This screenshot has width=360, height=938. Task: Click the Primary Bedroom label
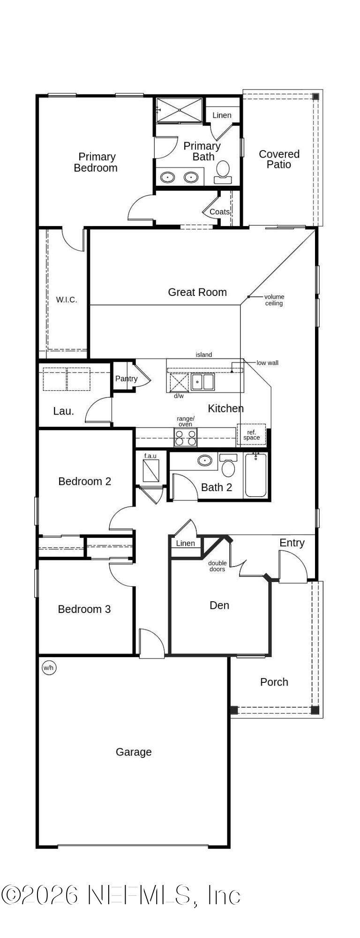point(96,162)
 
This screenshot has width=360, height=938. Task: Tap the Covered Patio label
point(279,159)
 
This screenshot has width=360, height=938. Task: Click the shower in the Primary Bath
point(180,110)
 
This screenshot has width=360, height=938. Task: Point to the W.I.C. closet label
point(67,300)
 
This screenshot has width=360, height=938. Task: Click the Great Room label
point(197,292)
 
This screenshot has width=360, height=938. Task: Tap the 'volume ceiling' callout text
point(274,300)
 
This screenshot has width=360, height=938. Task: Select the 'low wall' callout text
point(267,363)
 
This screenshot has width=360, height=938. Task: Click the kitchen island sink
point(202,382)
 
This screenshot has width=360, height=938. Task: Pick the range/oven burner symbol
point(186,438)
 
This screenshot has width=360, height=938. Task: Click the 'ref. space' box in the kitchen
point(251,435)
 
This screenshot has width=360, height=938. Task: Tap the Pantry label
point(127,378)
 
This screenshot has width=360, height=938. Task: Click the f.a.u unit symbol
point(150,470)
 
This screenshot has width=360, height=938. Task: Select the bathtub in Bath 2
point(255,476)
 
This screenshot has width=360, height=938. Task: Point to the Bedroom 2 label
point(85,481)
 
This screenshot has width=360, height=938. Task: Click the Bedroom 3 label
point(84,609)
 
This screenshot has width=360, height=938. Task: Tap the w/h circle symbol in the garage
point(49,667)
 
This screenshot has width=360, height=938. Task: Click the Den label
point(219,605)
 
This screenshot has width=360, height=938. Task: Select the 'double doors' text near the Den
point(217,566)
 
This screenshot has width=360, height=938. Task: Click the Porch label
point(274,682)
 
